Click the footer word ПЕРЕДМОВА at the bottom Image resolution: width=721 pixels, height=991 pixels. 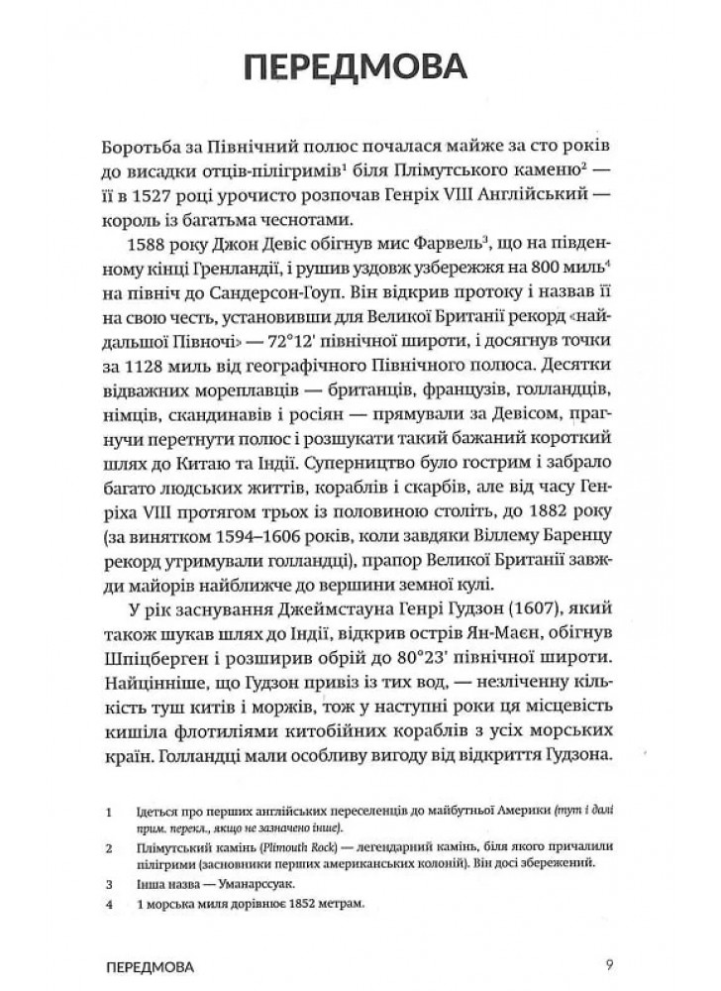pyautogui.click(x=148, y=963)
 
